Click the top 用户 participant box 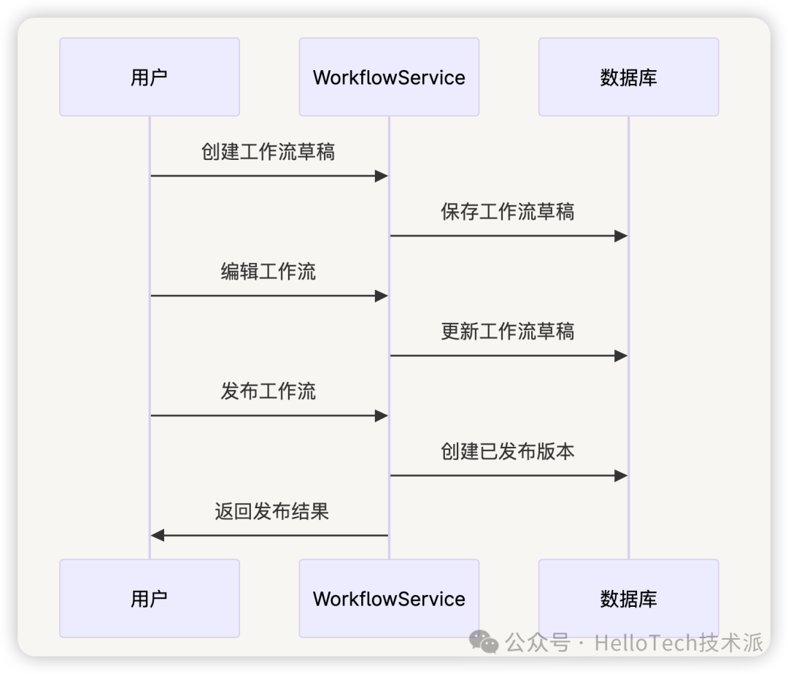click(150, 77)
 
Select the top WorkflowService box click(389, 77)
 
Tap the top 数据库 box click(628, 77)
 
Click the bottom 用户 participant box click(150, 599)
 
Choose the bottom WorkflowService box click(389, 599)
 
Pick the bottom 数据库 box click(628, 599)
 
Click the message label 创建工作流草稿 click(268, 152)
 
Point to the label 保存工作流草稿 click(508, 212)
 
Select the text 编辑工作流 click(268, 272)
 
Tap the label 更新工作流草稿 click(508, 332)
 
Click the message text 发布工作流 click(268, 391)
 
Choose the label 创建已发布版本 click(508, 451)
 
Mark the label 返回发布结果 click(271, 511)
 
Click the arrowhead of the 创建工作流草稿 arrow click(381, 176)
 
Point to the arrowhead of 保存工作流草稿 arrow click(620, 236)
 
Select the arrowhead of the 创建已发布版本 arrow click(620, 475)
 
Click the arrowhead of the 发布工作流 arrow click(381, 415)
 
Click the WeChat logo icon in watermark click(484, 642)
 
